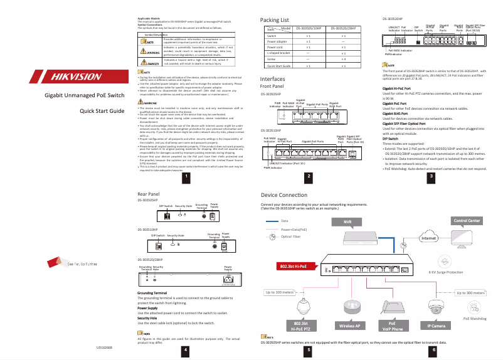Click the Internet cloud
coord(429,238)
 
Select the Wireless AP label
coord(349,326)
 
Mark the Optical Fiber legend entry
coord(291,237)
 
